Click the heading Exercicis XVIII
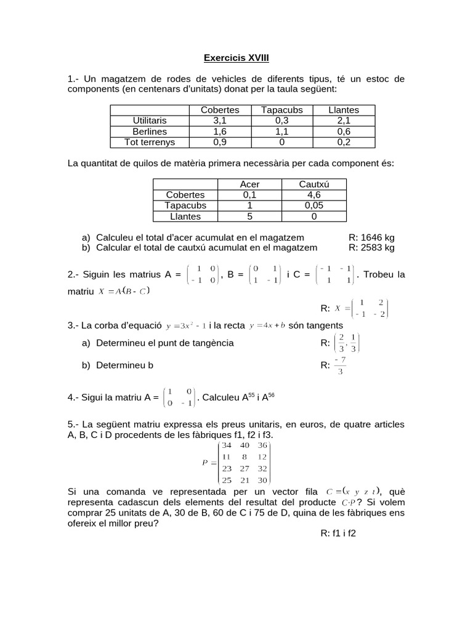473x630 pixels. pos(236,58)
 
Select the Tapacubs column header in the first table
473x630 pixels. pos(281,110)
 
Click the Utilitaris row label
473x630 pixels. pos(150,120)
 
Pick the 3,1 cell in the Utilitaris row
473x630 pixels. pos(220,120)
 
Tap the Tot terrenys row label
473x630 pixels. pos(150,142)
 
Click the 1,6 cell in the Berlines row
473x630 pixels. pos(220,131)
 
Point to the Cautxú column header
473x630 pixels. pos(313,184)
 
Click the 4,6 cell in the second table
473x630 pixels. pos(313,194)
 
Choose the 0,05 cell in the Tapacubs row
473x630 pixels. pos(313,205)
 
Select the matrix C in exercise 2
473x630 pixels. pos(334,274)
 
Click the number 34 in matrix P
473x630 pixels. pos(227,445)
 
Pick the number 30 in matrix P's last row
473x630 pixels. pos(263,480)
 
